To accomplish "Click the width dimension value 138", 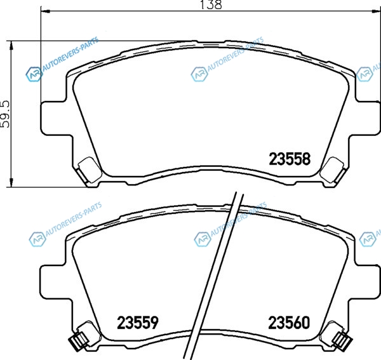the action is point(211,4).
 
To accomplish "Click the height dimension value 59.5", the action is point(5,114).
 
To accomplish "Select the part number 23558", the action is point(290,159).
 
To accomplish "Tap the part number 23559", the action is point(138,323).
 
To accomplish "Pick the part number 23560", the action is point(289,323).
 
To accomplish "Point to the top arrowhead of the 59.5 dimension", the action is point(11,46).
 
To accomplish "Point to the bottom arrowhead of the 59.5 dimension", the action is point(11,182).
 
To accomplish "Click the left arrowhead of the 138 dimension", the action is point(46,11).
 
